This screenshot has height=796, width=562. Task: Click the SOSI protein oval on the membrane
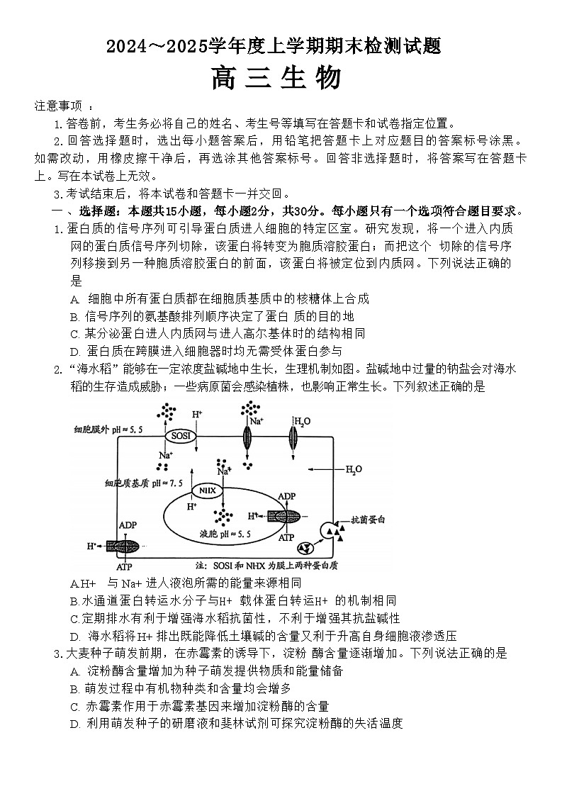pyautogui.click(x=180, y=435)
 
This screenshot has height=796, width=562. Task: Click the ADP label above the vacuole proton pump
pyautogui.click(x=286, y=497)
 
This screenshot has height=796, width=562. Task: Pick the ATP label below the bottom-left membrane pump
pyautogui.click(x=124, y=568)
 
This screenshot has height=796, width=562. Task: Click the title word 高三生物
pyautogui.click(x=276, y=78)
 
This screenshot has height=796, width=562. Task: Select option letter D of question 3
pyautogui.click(x=74, y=724)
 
